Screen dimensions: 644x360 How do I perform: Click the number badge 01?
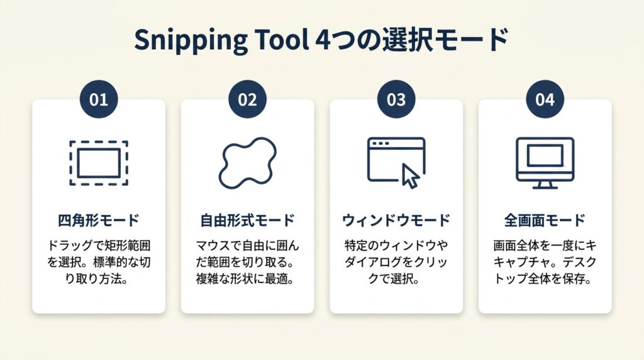[x=99, y=99]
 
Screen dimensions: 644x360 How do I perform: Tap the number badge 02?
[x=247, y=99]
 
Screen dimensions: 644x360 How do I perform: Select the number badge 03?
[x=396, y=99]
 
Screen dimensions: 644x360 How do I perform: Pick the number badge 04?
[x=545, y=99]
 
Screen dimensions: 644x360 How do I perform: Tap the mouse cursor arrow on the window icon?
[x=410, y=176]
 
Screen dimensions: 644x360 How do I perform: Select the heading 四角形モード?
[x=99, y=221]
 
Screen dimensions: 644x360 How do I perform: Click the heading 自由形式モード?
[x=247, y=221]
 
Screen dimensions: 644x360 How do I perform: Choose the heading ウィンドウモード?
[x=396, y=221]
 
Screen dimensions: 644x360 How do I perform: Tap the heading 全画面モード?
[x=545, y=221]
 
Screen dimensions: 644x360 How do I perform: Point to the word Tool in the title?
[x=282, y=40]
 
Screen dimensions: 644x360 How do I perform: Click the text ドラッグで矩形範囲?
[x=99, y=245]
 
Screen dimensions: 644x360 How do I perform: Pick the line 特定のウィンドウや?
[x=396, y=245]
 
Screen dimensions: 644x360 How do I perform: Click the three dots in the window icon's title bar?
[x=380, y=143]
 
